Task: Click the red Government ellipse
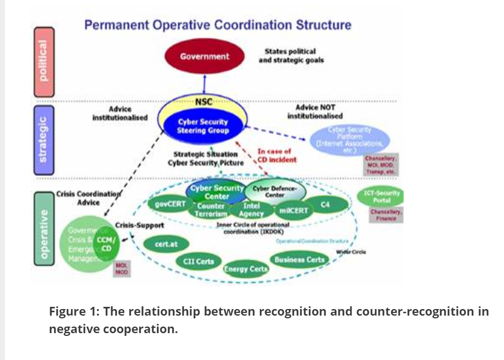[x=205, y=56]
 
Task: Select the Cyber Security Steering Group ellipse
[x=202, y=127]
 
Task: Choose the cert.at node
[x=164, y=243]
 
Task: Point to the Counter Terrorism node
[x=211, y=210]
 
